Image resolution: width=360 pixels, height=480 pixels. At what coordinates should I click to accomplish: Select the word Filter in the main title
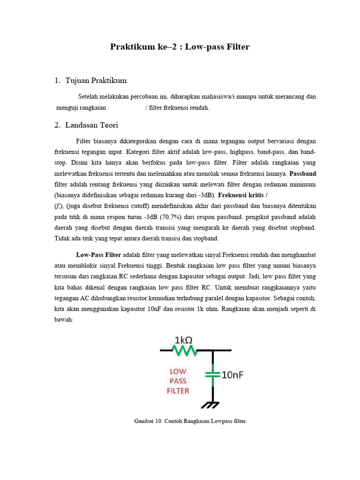[237, 47]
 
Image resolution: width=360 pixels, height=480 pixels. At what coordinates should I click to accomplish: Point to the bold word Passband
[303, 173]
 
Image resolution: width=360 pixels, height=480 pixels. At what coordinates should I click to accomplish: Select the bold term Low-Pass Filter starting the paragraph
[98, 255]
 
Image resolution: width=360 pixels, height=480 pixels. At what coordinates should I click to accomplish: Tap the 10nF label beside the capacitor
[232, 375]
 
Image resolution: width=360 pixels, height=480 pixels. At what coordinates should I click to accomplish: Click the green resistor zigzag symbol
[184, 350]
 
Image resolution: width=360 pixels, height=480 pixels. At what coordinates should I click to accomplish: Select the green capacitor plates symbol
[213, 375]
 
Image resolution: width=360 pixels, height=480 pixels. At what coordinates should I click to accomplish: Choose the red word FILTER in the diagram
[178, 390]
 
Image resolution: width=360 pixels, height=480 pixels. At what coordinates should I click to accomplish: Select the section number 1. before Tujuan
[58, 81]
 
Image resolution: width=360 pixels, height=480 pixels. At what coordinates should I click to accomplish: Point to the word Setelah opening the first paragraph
[88, 97]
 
